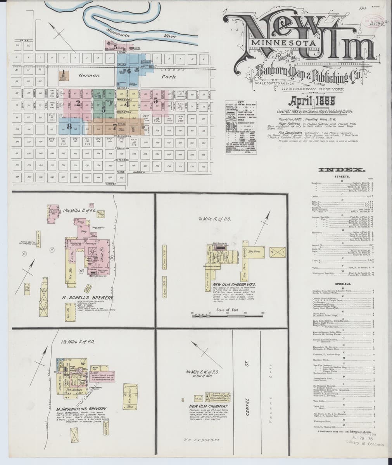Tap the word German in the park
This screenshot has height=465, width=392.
90,75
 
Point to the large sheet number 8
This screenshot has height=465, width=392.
69,126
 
